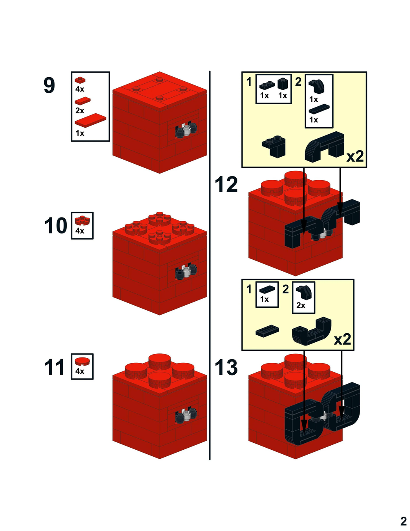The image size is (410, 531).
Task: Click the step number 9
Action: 49,85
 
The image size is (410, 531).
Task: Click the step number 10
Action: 56,226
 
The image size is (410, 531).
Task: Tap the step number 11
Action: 55,367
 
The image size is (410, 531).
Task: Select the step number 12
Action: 226,185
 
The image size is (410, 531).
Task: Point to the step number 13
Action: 226,367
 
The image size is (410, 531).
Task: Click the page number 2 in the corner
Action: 403,521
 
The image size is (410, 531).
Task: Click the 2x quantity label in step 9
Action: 80,111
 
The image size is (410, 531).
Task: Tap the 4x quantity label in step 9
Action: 80,89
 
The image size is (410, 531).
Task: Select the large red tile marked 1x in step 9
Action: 90,120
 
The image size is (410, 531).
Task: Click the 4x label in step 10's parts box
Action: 80,231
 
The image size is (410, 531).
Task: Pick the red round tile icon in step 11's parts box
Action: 82,361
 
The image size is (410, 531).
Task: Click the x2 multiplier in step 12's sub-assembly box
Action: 355,156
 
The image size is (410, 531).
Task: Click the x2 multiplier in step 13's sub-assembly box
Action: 342,339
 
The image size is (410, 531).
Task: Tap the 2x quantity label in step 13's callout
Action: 301,305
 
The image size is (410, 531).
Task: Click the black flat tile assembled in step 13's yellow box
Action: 267,331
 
